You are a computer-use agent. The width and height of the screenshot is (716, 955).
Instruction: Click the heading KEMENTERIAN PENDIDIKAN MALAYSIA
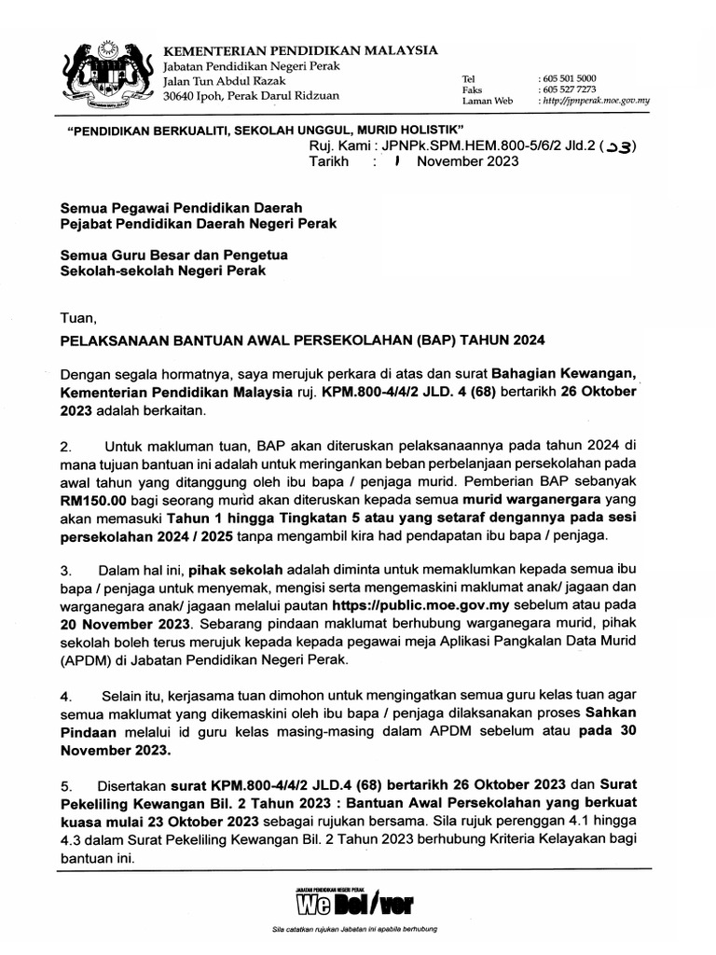pos(300,49)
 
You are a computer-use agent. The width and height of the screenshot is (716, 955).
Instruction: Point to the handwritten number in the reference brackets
pos(617,145)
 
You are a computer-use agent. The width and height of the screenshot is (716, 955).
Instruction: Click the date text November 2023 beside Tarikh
pos(468,161)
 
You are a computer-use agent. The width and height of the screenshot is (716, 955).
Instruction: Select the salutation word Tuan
pos(77,317)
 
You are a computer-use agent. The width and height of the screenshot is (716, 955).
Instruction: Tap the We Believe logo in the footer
pos(355,904)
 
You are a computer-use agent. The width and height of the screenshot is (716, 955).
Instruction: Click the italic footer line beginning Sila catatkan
pos(355,930)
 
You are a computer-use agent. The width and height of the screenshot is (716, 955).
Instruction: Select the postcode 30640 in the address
pos(181,95)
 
